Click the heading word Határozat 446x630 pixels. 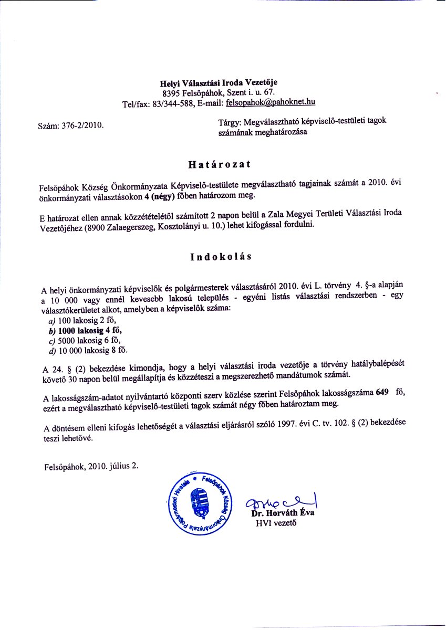219,164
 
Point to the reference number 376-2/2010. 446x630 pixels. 84,125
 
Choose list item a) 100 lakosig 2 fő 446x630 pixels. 81,320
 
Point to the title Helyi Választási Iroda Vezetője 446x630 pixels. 219,82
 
